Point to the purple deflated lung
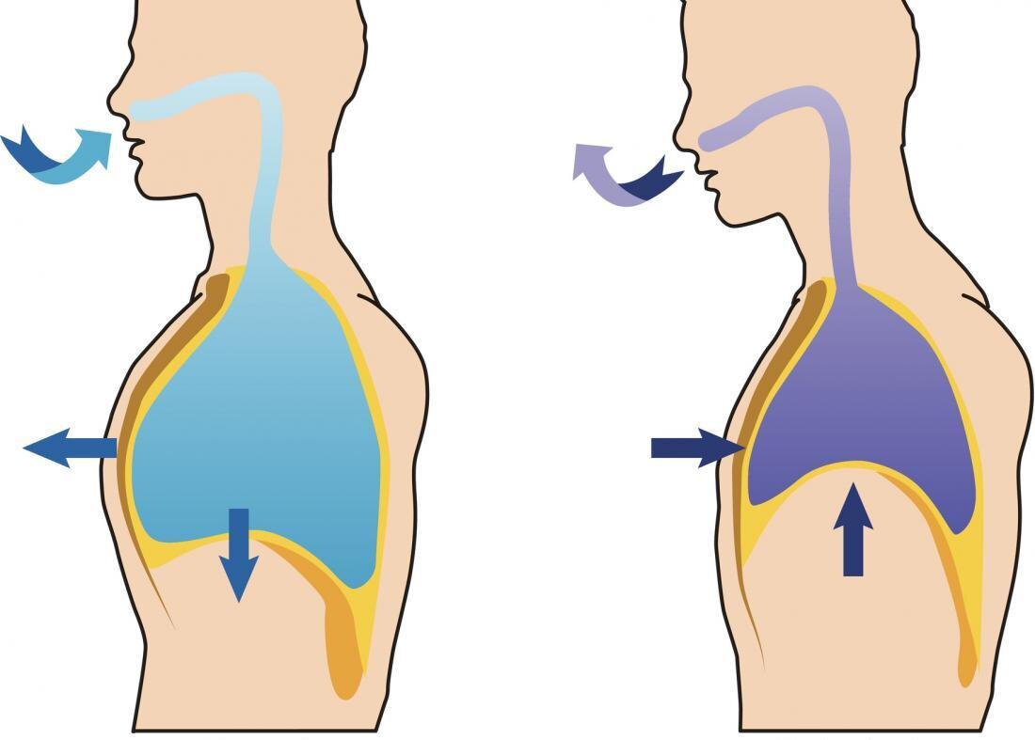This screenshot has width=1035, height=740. [856, 395]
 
